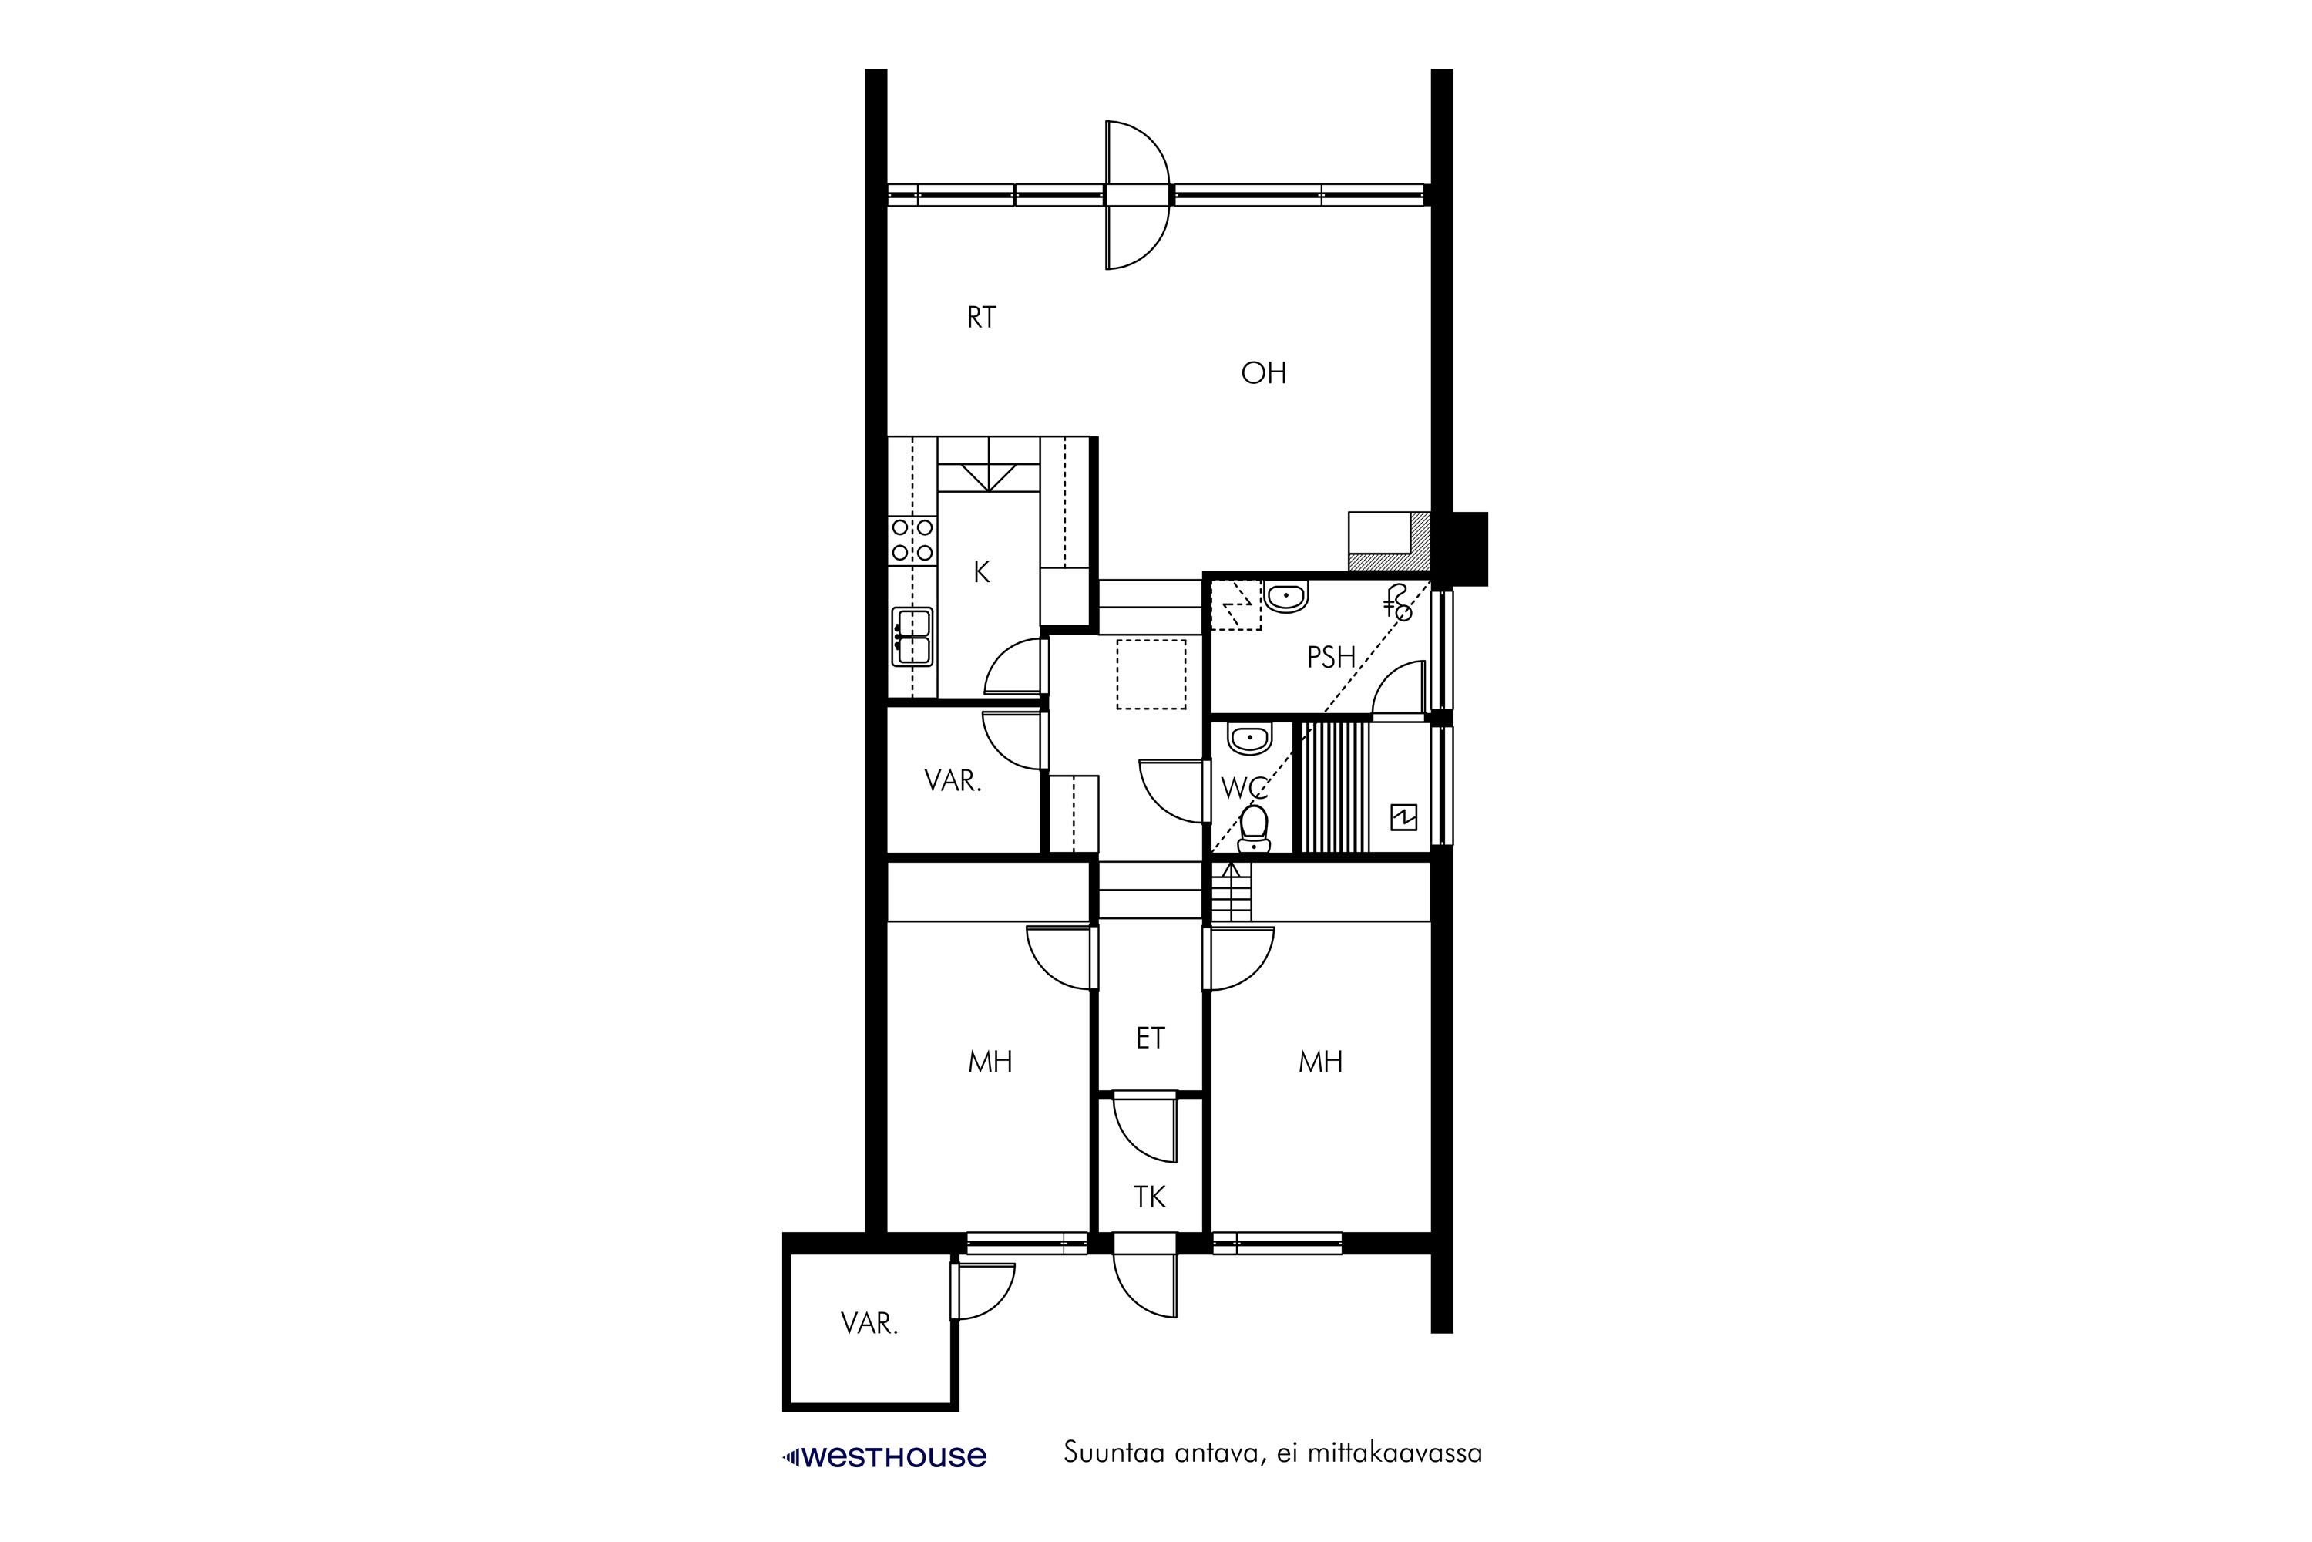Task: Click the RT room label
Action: click(x=981, y=318)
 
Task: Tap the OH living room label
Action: click(x=1263, y=372)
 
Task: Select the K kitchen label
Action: click(x=981, y=572)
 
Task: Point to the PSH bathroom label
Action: click(x=1331, y=657)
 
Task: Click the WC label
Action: click(x=1245, y=788)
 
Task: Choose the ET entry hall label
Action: click(x=1150, y=1039)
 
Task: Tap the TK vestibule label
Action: click(x=1149, y=1197)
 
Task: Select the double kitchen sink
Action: click(x=912, y=638)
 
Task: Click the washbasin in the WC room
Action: click(x=1248, y=739)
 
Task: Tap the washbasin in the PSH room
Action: click(x=1285, y=597)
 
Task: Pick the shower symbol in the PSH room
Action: click(x=1399, y=603)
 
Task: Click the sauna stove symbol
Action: click(x=1403, y=817)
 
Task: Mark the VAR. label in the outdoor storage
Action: click(x=869, y=1325)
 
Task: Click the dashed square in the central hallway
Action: click(x=1151, y=674)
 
